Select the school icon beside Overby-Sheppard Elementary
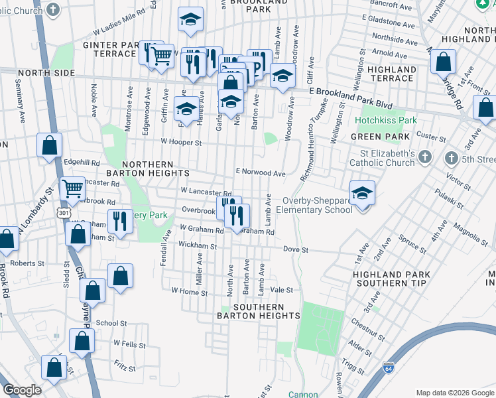pyautogui.click(x=362, y=193)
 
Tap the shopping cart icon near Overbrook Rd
pyautogui.click(x=72, y=189)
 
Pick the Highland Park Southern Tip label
pyautogui.click(x=391, y=279)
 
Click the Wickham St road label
pyautogui.click(x=198, y=245)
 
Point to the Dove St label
pyautogui.click(x=296, y=250)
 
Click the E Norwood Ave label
pyautogui.click(x=261, y=172)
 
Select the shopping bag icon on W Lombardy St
pyautogui.click(x=6, y=239)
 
